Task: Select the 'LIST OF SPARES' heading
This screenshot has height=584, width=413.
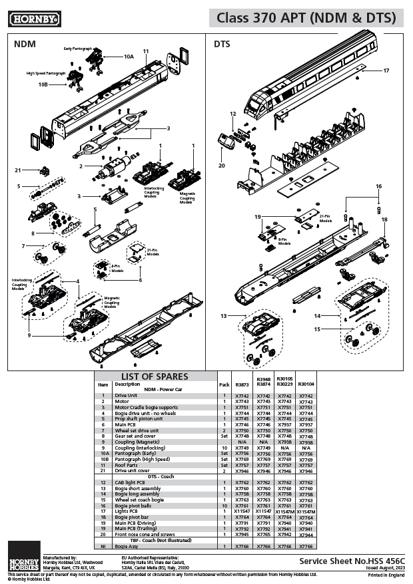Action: pos(154,376)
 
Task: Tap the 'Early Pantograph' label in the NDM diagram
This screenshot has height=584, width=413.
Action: pos(77,49)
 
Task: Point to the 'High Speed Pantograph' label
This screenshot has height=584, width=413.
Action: pos(46,73)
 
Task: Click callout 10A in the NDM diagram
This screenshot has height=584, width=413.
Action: pos(128,57)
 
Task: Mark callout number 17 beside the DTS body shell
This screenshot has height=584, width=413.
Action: pos(386,71)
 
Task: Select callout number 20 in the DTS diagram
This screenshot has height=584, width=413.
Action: pos(222,166)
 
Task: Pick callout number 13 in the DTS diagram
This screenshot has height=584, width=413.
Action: pos(224,315)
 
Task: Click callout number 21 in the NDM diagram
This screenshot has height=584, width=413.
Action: pos(19,170)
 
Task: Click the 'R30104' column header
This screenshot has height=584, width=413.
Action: pos(306,384)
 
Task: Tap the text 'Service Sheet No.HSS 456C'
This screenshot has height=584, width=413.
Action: pos(352,561)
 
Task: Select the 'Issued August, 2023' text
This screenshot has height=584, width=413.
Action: pos(386,569)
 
